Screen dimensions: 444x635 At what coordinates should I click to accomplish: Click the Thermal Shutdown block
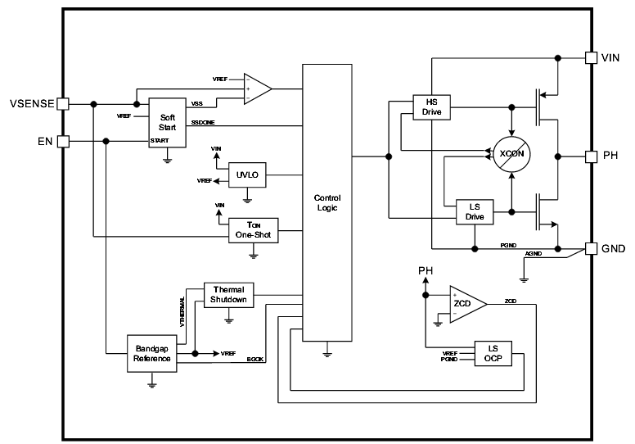(x=229, y=295)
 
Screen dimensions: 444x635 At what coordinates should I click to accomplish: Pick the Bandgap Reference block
(x=151, y=353)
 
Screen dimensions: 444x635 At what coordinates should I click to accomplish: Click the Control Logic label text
(x=327, y=203)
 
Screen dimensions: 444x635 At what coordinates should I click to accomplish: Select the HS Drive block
(x=432, y=106)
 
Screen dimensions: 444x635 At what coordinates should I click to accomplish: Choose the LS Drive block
(x=475, y=211)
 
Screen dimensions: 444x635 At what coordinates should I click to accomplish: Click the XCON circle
(x=511, y=153)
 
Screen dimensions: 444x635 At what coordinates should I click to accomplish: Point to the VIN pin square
(x=591, y=57)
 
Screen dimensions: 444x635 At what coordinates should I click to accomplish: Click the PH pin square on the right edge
(x=591, y=156)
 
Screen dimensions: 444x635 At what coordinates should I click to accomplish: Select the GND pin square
(x=591, y=247)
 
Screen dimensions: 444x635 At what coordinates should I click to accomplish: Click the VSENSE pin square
(x=62, y=103)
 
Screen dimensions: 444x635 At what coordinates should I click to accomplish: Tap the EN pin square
(x=62, y=141)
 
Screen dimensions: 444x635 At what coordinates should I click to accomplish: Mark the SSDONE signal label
(x=205, y=123)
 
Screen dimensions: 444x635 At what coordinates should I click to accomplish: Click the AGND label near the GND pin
(x=535, y=253)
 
